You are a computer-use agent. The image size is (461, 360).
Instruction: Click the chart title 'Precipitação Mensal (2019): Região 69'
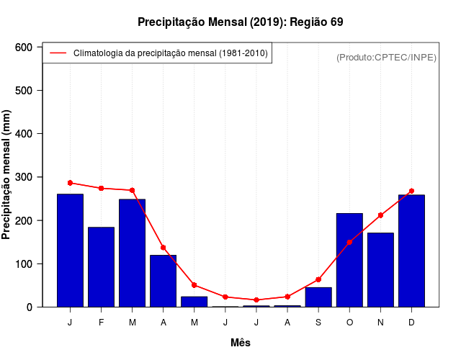pos(240,22)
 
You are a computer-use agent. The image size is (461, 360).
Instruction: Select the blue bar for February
pos(101,267)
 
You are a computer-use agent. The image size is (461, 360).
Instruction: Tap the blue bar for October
pos(349,260)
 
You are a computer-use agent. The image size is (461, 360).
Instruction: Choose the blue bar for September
pos(318,297)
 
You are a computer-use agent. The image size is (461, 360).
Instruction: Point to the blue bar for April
pos(163,281)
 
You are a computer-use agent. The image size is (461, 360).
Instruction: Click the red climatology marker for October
pos(349,242)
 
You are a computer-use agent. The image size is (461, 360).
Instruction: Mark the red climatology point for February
pos(101,188)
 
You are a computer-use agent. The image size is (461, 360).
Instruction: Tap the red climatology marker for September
pos(318,279)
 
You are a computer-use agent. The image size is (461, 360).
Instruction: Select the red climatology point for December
pos(411,191)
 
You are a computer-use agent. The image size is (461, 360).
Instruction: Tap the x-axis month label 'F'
pos(101,323)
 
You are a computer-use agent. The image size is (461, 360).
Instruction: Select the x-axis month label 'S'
pos(318,323)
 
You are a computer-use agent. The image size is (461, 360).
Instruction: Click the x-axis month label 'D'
pos(411,323)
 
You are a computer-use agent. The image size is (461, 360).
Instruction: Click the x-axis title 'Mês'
pos(240,343)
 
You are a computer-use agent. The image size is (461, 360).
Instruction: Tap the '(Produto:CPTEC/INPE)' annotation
pos(386,58)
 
